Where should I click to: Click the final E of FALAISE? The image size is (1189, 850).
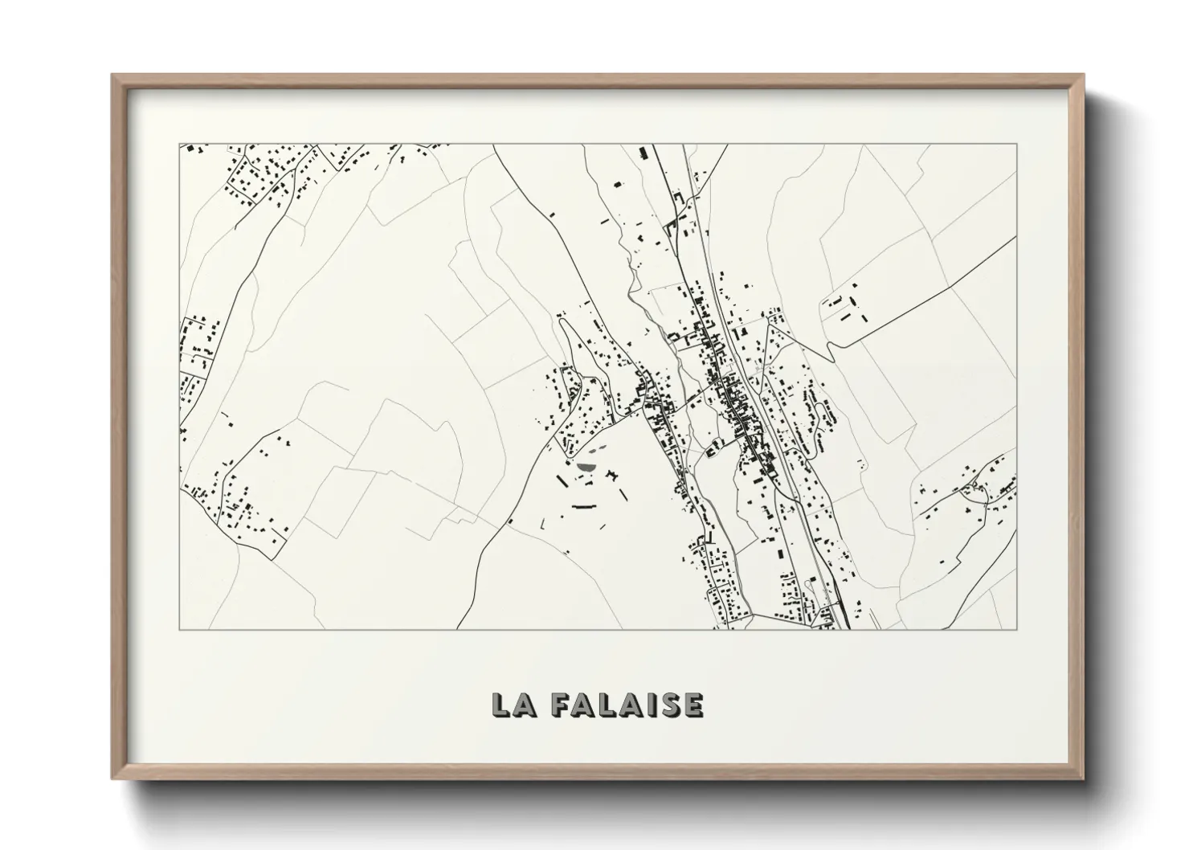click(x=693, y=704)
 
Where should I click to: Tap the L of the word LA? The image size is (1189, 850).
click(x=501, y=704)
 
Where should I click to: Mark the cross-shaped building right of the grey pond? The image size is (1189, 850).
click(x=616, y=478)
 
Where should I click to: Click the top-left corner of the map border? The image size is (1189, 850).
click(x=179, y=145)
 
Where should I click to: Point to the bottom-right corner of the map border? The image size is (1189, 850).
click(x=1016, y=629)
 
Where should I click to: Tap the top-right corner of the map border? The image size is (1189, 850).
click(x=1016, y=145)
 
